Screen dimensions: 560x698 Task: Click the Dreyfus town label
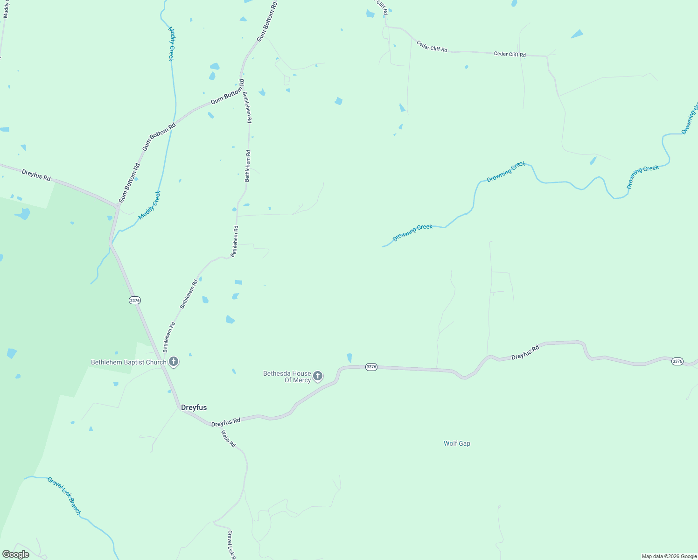tap(194, 407)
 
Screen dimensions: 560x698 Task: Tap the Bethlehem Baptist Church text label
tap(128, 362)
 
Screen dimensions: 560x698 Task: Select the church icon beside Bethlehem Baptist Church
tap(174, 362)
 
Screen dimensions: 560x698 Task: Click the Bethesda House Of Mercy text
tap(287, 377)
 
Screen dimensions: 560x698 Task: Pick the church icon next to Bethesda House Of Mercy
tap(318, 376)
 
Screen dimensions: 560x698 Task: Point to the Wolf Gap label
tap(457, 443)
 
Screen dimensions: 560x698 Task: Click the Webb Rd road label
tap(228, 439)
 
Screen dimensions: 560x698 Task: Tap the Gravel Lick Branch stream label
tap(64, 496)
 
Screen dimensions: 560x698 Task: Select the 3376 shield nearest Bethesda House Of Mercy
tap(371, 367)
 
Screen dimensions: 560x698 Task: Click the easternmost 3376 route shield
tap(677, 361)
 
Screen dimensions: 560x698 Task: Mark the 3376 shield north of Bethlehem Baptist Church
tap(135, 300)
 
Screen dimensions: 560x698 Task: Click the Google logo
tap(15, 554)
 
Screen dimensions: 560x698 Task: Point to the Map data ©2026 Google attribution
tap(669, 556)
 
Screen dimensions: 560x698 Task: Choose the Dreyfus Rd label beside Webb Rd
tap(225, 422)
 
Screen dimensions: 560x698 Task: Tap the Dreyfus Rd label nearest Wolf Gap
tap(525, 352)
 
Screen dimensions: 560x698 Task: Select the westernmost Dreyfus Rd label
tap(36, 175)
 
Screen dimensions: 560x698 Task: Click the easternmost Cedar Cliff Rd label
tap(510, 54)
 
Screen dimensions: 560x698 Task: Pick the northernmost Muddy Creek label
tap(171, 44)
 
